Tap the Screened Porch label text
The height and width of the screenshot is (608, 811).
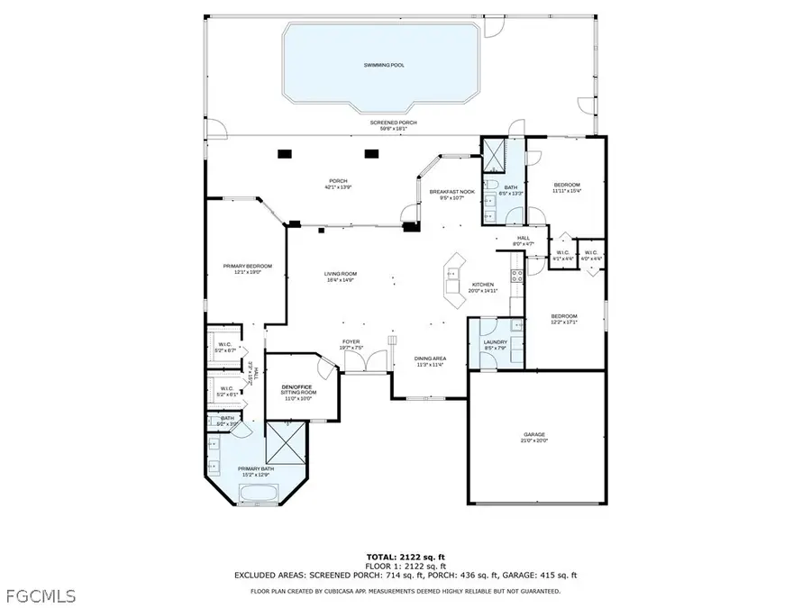tap(393, 123)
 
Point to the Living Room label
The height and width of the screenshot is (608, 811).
tap(342, 277)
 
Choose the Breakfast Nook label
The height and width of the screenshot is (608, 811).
tap(451, 195)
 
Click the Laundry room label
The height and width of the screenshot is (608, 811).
tap(496, 344)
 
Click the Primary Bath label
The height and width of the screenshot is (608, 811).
tap(255, 470)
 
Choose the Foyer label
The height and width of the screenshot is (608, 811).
tap(351, 344)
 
